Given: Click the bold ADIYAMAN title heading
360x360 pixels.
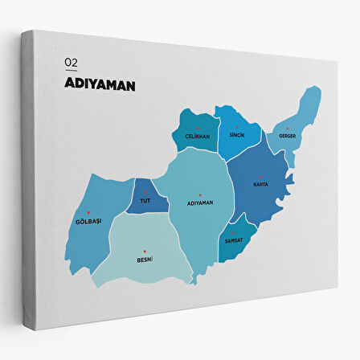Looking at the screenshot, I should coord(100,84).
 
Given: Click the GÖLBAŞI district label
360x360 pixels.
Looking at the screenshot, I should coord(88,221).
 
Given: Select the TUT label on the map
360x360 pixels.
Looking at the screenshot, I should coord(145,199).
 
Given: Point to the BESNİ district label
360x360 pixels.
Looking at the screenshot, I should coord(145,259).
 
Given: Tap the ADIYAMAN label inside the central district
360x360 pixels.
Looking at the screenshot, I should coord(199,202).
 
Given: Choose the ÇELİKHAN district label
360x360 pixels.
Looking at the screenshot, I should coord(197,137).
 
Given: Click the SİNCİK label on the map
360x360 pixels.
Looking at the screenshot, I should coord(236,136).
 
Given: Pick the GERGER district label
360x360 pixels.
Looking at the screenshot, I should coord(287,136).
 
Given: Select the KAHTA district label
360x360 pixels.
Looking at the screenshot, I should coord(261,184).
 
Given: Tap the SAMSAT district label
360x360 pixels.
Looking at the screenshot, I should coord(234,241).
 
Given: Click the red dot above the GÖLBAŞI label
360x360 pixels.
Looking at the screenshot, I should coord(88,212).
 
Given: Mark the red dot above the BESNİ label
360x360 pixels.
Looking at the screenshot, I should coord(145,251).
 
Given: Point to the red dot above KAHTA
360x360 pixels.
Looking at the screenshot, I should coord(261,176).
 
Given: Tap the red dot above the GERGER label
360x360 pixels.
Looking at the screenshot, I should coord(287,128).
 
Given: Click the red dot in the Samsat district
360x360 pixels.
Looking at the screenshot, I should coord(234,233).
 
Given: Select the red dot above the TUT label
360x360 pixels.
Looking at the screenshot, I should coord(145,191).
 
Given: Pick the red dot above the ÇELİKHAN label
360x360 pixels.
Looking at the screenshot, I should coord(197,129).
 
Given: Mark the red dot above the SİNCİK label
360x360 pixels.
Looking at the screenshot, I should coord(236,128).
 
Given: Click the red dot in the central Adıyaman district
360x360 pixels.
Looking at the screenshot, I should coord(199,194).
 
